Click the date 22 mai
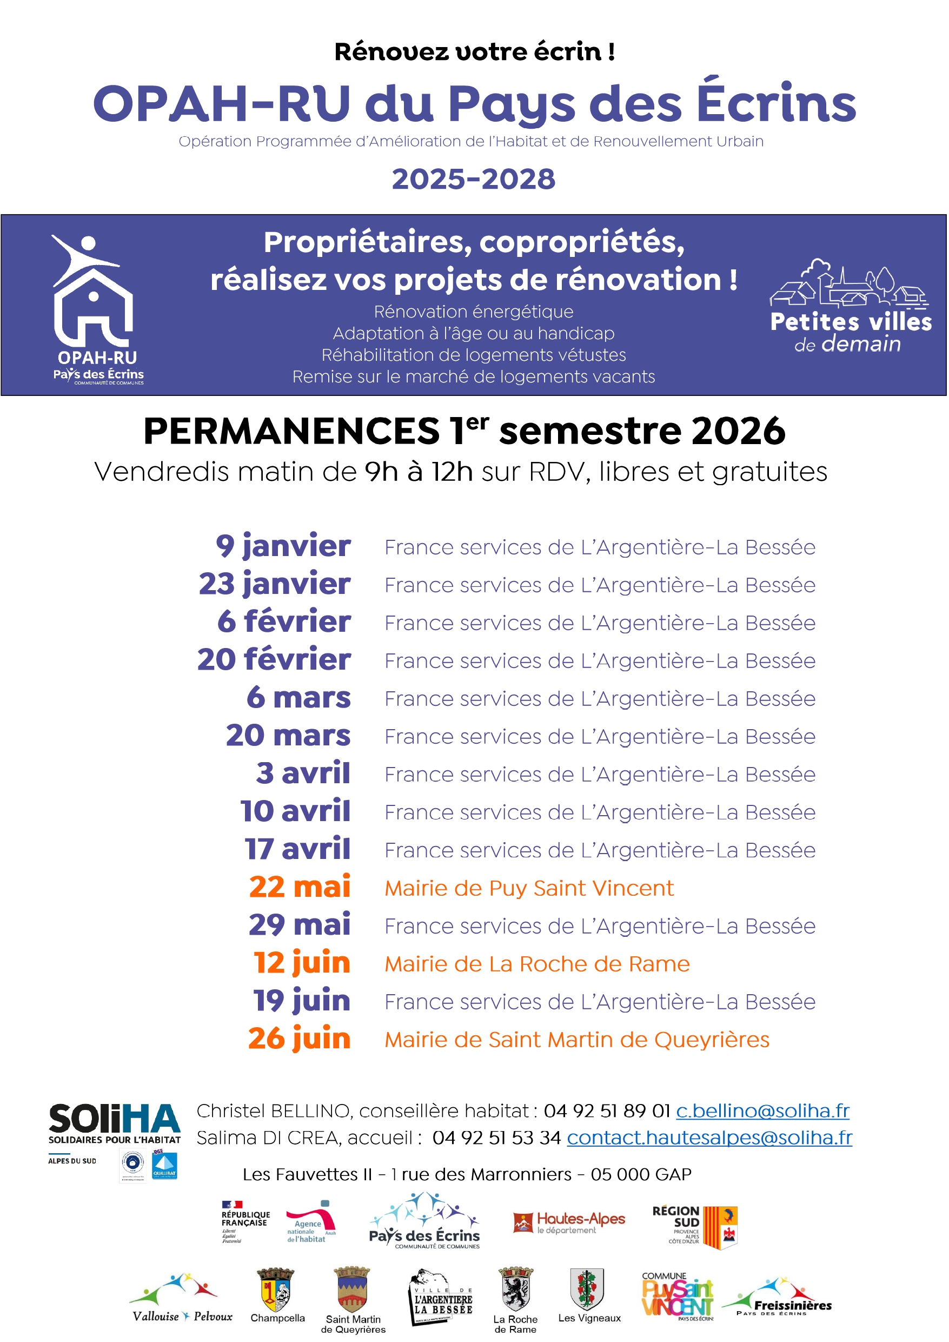click(x=300, y=887)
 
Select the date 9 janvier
click(x=283, y=546)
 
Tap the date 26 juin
click(x=299, y=1039)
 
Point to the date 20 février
click(x=274, y=660)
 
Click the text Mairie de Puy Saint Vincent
click(x=529, y=888)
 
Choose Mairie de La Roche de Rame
click(x=537, y=964)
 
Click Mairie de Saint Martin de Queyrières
click(x=577, y=1040)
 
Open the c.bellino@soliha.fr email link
click(x=762, y=1110)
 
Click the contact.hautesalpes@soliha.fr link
click(x=709, y=1138)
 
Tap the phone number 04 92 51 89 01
click(x=607, y=1110)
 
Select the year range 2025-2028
click(x=473, y=179)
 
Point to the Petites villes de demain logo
click(x=850, y=306)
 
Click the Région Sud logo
click(x=695, y=1227)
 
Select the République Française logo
click(x=245, y=1221)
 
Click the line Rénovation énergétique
click(x=473, y=312)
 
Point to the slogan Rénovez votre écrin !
click(x=474, y=52)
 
